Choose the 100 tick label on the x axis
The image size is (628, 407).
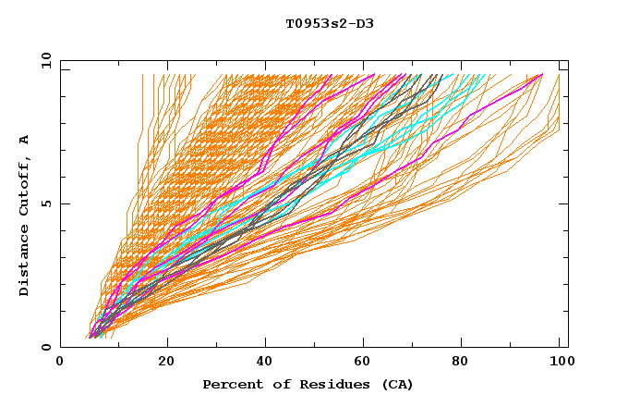[561, 363]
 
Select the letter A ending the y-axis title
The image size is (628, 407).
[25, 139]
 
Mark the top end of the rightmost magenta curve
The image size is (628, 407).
[542, 74]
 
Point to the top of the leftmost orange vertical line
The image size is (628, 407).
[143, 74]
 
